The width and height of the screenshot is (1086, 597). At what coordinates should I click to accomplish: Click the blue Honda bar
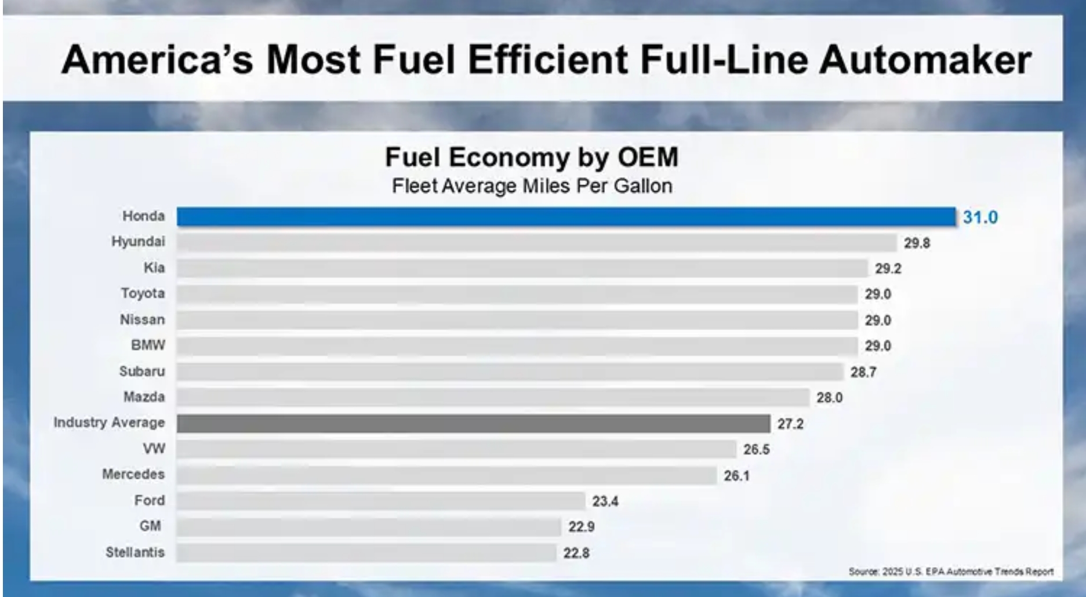565,217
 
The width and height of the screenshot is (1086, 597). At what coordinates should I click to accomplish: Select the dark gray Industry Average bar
473,424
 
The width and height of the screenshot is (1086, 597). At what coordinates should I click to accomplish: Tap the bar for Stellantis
366,552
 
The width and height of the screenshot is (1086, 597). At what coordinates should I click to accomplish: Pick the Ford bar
381,501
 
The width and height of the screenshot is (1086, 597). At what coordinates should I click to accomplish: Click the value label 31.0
980,217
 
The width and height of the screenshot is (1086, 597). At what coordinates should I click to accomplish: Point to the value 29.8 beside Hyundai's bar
917,243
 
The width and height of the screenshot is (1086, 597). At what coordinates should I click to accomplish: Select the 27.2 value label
790,424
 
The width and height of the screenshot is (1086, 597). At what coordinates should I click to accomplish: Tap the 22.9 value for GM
581,526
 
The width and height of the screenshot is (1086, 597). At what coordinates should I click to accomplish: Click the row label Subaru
142,371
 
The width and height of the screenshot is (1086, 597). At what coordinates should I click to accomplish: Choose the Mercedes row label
133,474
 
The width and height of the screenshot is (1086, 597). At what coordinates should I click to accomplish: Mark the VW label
154,449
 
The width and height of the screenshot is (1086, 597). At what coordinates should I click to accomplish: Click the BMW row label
148,345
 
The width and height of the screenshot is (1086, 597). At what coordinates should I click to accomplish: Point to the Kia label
154,268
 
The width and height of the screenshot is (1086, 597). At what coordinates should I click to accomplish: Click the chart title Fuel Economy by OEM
531,157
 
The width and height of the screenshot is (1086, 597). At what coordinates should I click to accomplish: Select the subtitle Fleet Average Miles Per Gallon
532,186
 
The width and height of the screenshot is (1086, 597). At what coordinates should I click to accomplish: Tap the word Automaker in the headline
925,60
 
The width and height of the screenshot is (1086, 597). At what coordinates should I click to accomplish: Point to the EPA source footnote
950,571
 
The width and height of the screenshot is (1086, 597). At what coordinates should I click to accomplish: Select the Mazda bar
493,398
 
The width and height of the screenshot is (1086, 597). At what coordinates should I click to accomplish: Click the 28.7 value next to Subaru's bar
863,372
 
